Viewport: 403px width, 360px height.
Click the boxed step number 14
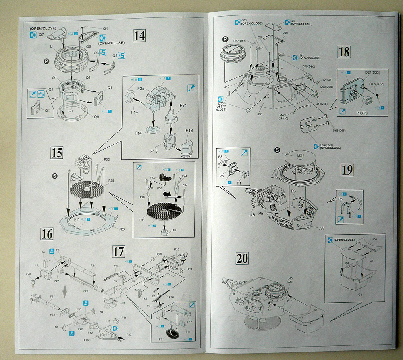pos(139,36)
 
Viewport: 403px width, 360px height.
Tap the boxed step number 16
pos(47,233)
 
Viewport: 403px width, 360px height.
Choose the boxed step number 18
pos(344,52)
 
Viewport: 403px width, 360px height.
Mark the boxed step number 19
pos(347,170)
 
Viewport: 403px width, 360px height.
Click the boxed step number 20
pos(242,258)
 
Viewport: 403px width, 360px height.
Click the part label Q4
pos(105,29)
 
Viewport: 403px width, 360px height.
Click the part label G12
pos(244,20)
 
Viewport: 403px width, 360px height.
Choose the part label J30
pos(285,33)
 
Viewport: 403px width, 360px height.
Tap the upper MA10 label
pos(284,115)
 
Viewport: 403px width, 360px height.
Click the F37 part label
pos(129,335)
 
